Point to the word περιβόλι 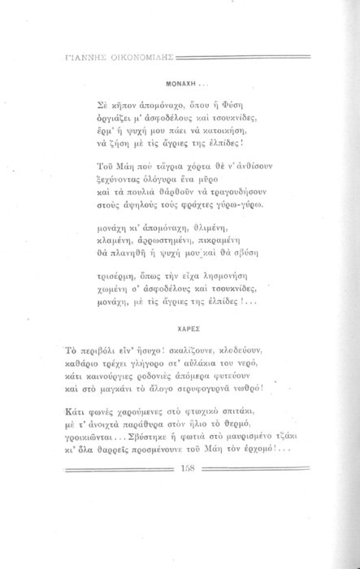click(x=103, y=352)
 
